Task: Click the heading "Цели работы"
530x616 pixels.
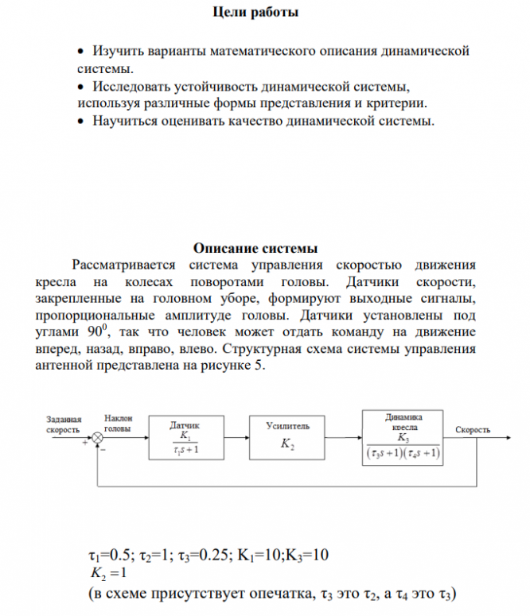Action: pos(256,13)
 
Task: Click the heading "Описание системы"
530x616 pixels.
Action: pos(255,248)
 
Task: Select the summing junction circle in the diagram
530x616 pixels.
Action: pos(98,437)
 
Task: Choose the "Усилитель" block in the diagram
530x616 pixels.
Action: pos(287,437)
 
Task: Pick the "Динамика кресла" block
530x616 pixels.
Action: pos(403,436)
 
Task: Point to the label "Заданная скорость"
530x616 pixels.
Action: pos(64,424)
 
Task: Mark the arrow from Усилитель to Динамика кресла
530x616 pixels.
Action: pos(343,437)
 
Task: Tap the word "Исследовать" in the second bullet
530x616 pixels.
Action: pos(136,86)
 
